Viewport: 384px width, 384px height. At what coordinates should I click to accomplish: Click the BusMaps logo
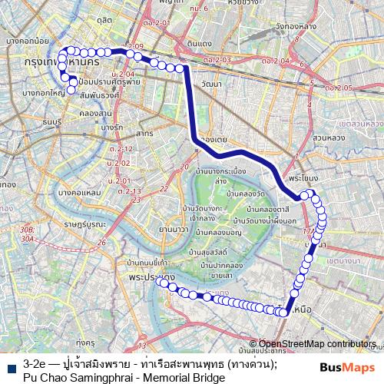point(348,367)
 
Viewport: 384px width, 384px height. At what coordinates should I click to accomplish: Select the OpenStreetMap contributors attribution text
point(317,344)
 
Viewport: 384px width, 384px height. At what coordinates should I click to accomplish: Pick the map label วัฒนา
point(209,83)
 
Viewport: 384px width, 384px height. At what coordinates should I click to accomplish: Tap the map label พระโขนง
point(300,176)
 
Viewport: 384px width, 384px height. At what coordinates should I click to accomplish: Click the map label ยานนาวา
point(173,229)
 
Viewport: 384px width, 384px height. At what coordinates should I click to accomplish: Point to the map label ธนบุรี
point(51,121)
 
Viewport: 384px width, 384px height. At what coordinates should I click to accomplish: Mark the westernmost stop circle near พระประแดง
point(161,283)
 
